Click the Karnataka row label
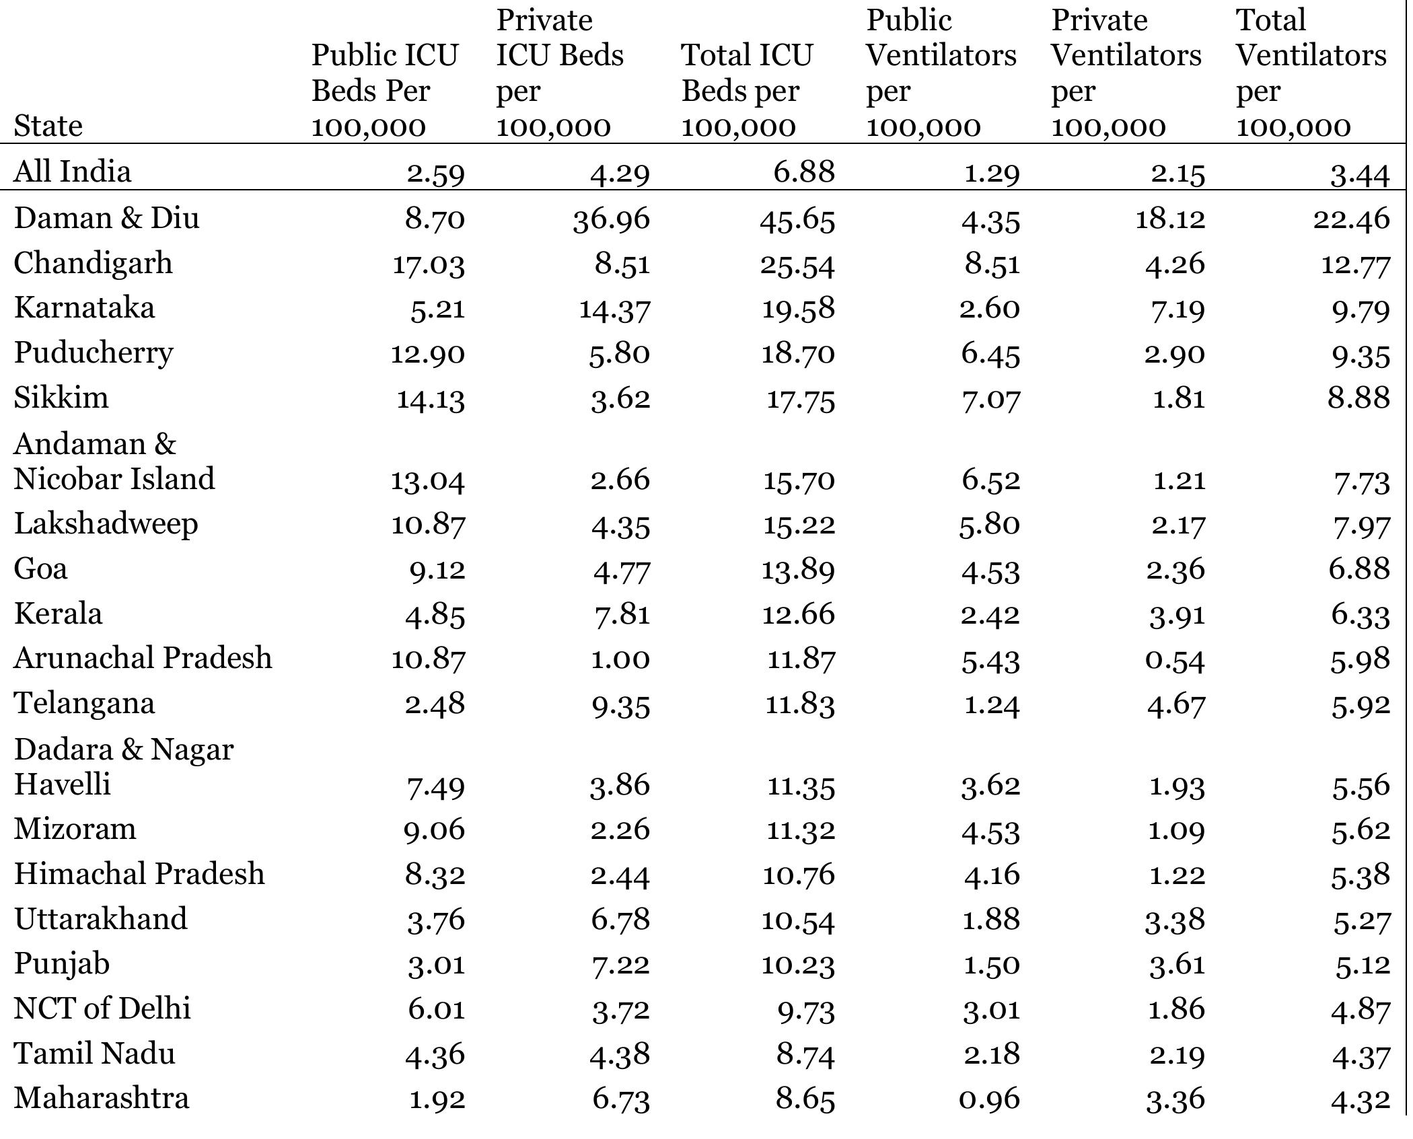tap(84, 308)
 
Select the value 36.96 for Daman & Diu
tap(612, 219)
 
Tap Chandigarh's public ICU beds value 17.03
tap(429, 264)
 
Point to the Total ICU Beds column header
tap(747, 90)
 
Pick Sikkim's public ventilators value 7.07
tap(990, 399)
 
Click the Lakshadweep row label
tap(106, 524)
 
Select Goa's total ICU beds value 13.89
tap(798, 570)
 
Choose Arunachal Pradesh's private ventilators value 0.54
tap(1175, 659)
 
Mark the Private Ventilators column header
tap(1126, 73)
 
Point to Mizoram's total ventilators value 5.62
tap(1361, 830)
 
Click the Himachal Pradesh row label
tap(139, 875)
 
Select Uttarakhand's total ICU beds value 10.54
tap(798, 920)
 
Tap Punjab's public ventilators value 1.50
tap(991, 965)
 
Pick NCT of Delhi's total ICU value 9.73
tap(806, 1010)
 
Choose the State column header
tap(48, 126)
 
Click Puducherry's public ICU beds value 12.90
tap(428, 354)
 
